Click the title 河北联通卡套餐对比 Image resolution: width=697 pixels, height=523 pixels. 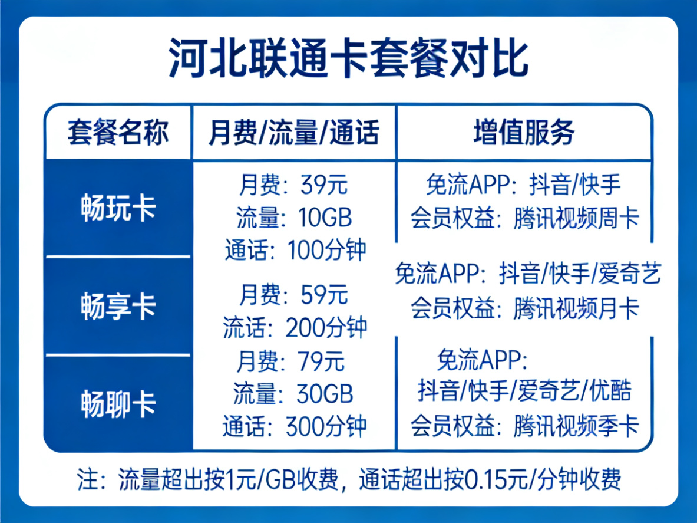[x=349, y=59]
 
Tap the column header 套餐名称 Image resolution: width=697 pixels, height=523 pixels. [x=118, y=132]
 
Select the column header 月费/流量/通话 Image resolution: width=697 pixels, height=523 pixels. [x=294, y=132]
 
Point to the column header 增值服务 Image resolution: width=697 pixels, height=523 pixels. [x=524, y=132]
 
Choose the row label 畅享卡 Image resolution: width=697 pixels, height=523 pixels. [x=118, y=306]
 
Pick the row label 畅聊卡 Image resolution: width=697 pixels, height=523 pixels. [x=118, y=404]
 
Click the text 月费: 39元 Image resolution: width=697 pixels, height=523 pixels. [x=293, y=185]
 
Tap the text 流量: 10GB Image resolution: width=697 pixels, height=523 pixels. [x=294, y=218]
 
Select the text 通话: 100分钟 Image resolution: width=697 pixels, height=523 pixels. [x=295, y=250]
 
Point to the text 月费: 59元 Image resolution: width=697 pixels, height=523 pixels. [x=293, y=294]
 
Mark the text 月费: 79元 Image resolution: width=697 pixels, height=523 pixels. [x=290, y=361]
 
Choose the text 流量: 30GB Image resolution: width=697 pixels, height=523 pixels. [x=293, y=394]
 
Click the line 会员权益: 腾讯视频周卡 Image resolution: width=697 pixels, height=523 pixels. [x=524, y=218]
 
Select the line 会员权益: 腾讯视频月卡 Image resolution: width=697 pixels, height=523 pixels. [x=524, y=308]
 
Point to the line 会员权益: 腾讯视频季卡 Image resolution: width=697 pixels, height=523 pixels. [x=524, y=426]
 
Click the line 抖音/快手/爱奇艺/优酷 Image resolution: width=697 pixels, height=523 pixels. [x=524, y=390]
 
